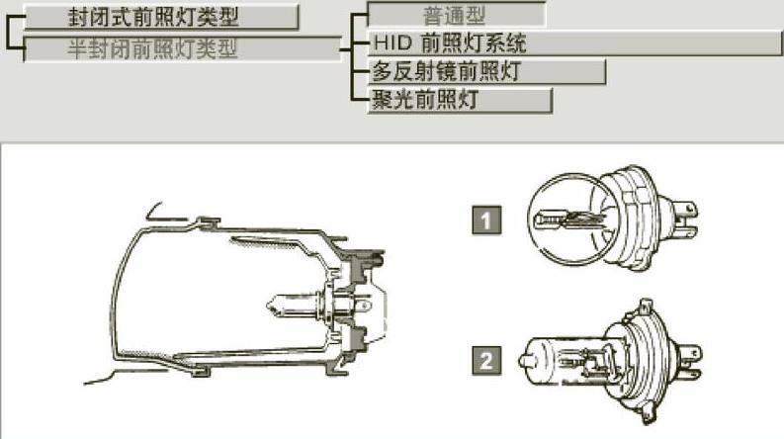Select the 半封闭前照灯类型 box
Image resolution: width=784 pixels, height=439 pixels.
179,48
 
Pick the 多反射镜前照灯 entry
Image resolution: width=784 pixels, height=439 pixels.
484,71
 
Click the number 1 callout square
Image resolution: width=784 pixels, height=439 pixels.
485,218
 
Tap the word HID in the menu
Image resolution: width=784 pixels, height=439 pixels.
389,44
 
